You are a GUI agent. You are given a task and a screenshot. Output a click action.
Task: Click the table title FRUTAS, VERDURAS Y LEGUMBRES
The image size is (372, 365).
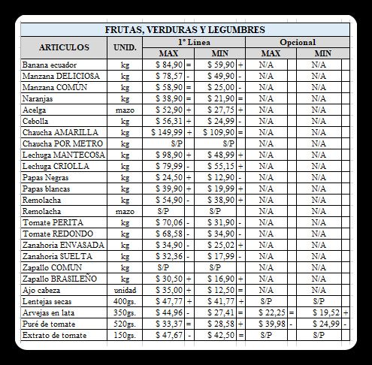click(185, 30)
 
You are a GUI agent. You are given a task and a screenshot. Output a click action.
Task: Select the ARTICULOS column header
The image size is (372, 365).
click(64, 47)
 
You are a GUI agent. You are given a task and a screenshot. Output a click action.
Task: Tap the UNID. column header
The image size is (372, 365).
click(124, 47)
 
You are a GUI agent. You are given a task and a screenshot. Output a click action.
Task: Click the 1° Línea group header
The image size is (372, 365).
click(194, 42)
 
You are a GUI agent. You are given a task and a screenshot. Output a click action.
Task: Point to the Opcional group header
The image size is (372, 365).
click(297, 42)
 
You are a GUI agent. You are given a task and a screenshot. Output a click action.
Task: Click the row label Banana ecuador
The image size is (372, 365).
click(49, 65)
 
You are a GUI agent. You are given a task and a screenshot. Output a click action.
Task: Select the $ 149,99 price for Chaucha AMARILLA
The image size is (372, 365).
click(167, 131)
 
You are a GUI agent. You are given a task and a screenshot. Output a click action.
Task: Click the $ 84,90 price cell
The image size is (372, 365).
click(170, 65)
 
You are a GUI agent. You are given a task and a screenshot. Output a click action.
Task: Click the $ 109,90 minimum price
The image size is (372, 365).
click(219, 131)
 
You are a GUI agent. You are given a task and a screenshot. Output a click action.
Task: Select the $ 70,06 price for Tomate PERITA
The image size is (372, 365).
click(170, 223)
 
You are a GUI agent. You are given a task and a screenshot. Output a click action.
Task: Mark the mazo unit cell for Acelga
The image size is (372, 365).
click(125, 110)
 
